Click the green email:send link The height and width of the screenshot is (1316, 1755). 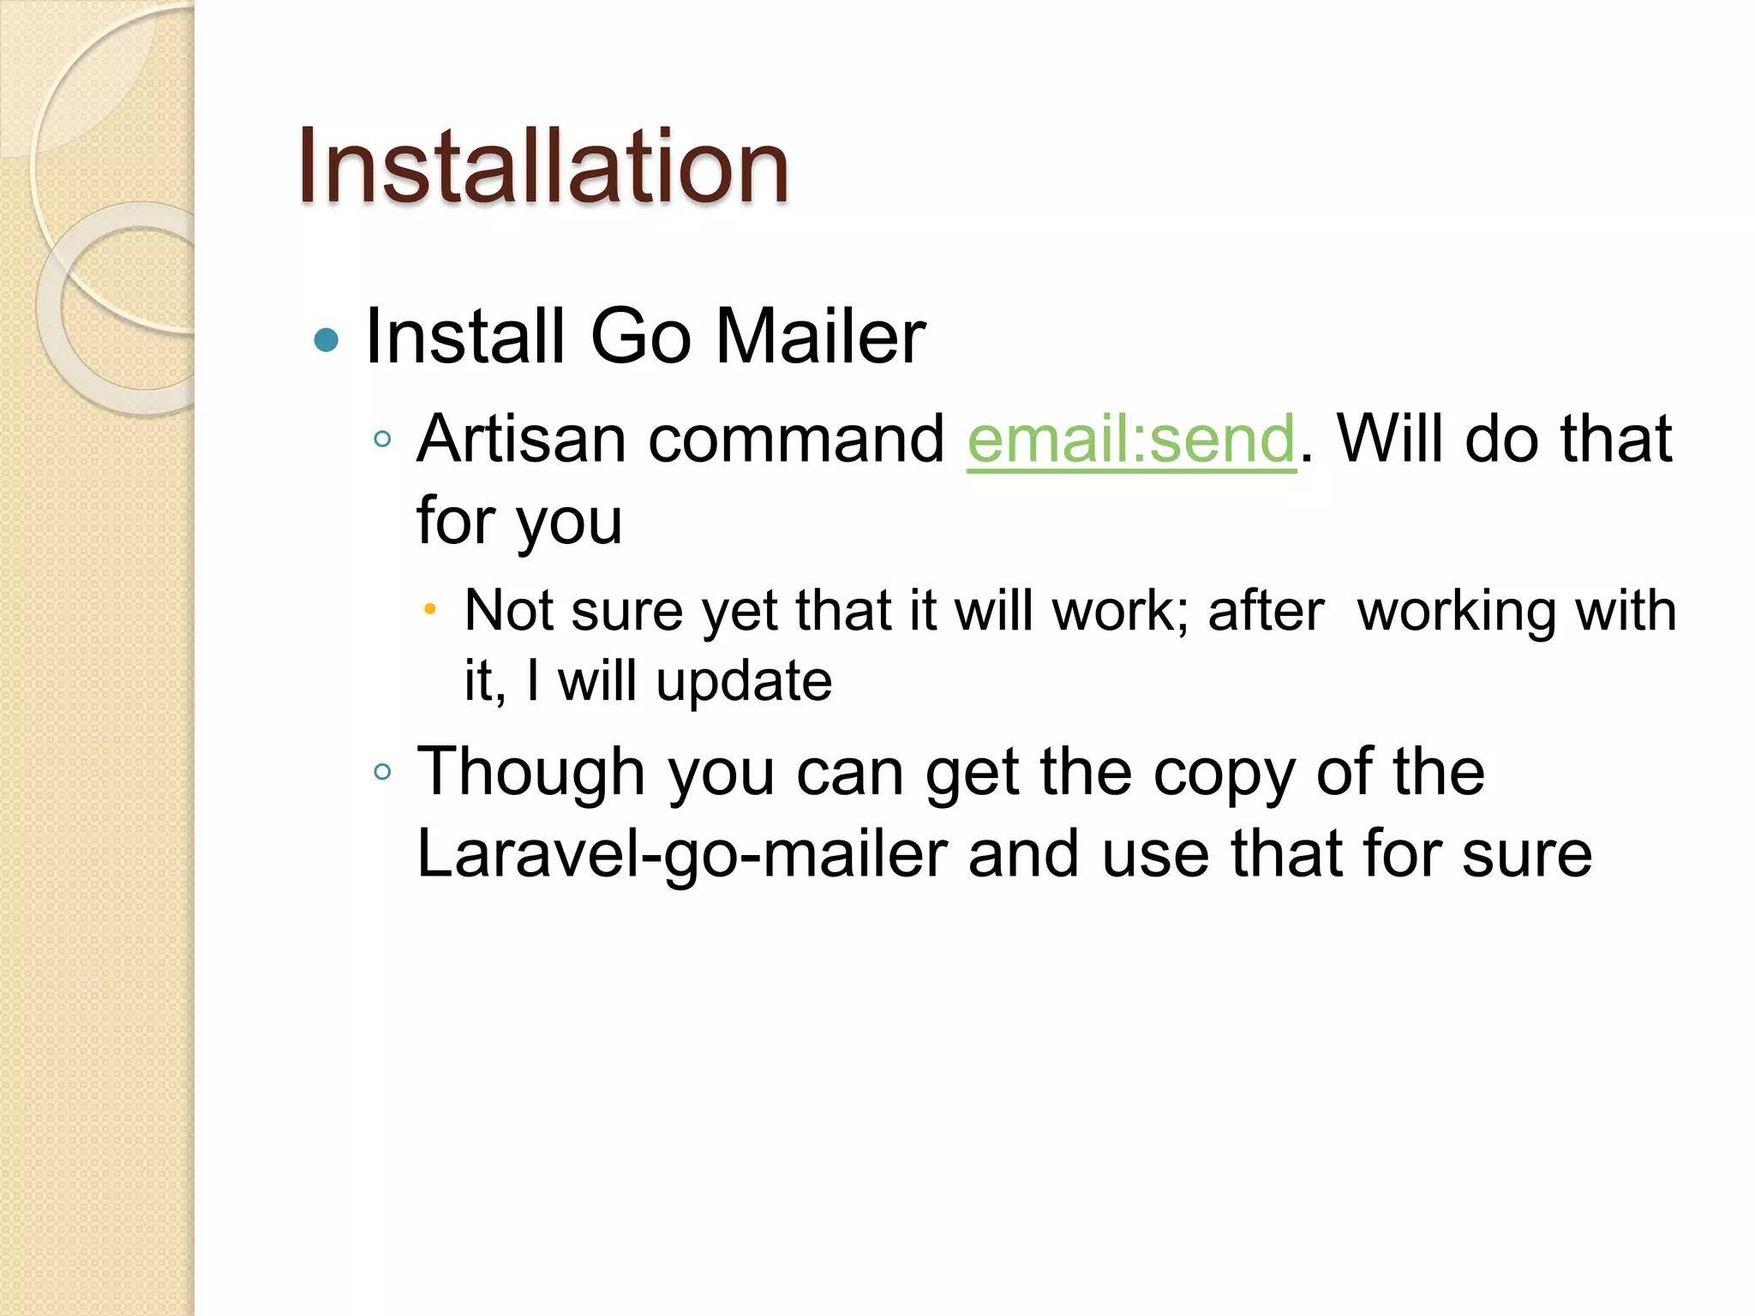1131,439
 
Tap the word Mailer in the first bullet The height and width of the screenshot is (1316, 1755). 820,336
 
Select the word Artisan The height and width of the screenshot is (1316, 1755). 524,439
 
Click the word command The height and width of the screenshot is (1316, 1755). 796,439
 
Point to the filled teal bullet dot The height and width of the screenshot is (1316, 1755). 326,340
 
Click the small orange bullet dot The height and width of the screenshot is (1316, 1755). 430,610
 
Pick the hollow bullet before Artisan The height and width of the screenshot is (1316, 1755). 382,440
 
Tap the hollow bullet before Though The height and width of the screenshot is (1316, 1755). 382,772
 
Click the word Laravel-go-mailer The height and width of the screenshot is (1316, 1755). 682,854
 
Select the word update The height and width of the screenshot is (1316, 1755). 744,682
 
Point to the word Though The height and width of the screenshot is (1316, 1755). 530,772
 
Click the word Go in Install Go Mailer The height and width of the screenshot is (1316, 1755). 640,336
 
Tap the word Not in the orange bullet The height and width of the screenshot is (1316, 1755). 508,611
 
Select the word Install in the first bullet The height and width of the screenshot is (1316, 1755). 464,336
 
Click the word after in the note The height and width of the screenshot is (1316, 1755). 1266,611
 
